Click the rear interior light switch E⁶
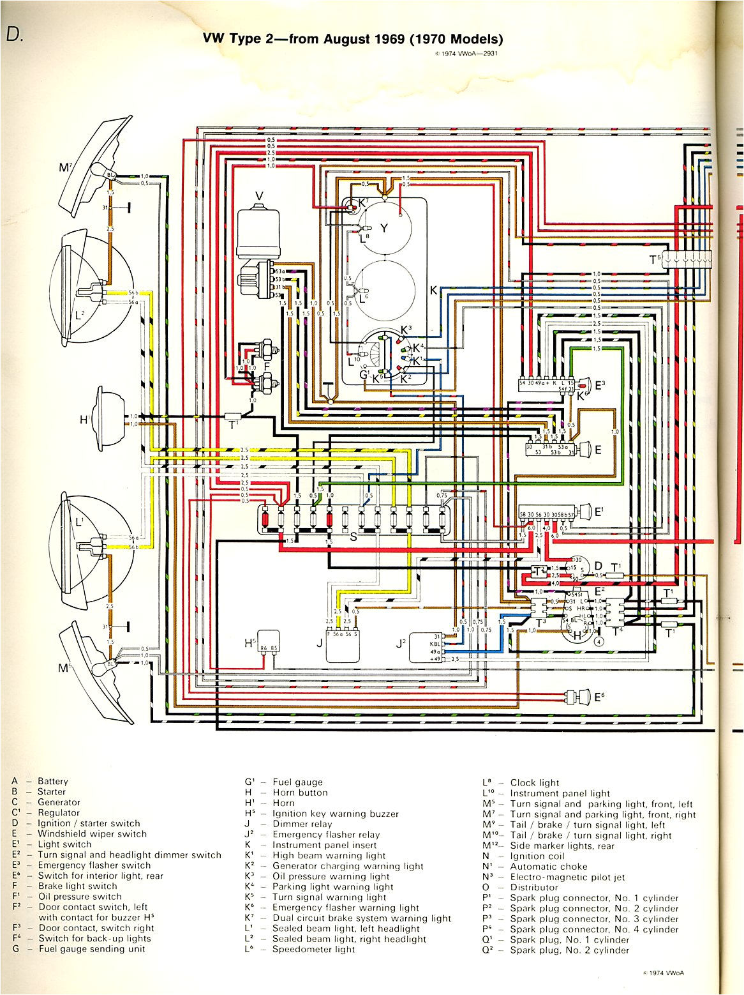pos(577,696)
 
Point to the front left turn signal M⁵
pos(96,671)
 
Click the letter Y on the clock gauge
pos(384,228)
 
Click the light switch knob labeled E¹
pos(584,512)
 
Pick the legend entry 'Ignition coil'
pos(537,856)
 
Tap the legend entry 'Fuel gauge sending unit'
pos(92,949)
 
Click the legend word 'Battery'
pos(52,781)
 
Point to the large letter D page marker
pos(14,34)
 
